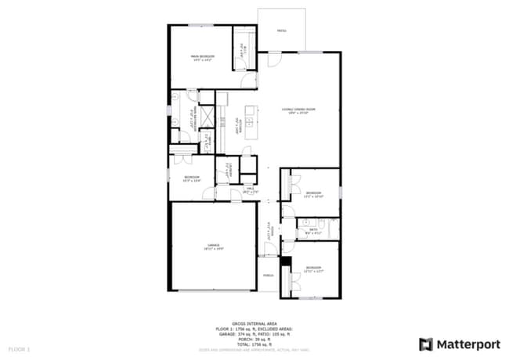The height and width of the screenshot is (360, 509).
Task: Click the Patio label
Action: click(x=282, y=31)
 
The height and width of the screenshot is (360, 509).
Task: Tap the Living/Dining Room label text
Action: click(x=299, y=110)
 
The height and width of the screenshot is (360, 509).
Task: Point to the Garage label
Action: click(x=212, y=245)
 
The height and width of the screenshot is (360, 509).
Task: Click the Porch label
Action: click(x=268, y=276)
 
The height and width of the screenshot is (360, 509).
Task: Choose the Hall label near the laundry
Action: click(x=251, y=189)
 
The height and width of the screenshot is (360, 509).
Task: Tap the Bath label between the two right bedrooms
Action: click(x=312, y=231)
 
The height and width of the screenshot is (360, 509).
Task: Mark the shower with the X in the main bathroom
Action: click(x=207, y=117)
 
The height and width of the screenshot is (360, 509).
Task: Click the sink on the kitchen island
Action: click(x=250, y=122)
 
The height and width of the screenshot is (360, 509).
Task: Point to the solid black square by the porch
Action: click(x=285, y=261)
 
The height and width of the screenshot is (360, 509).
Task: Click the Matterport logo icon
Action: click(x=425, y=344)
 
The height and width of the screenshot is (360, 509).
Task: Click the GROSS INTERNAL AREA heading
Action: click(x=254, y=322)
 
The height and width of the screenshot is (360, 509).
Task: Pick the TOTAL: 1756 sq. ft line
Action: click(x=254, y=343)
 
